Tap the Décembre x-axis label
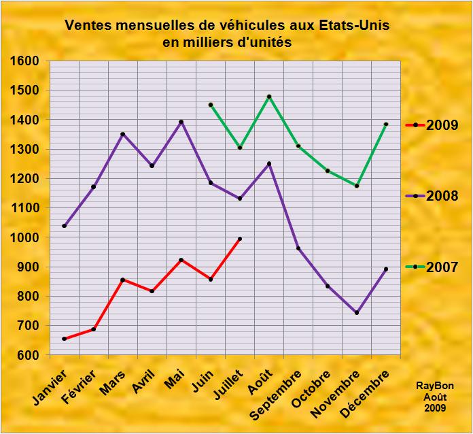pyautogui.click(x=367, y=390)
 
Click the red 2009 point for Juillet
pyautogui.click(x=240, y=239)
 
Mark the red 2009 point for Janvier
pyautogui.click(x=65, y=339)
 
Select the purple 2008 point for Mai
pyautogui.click(x=181, y=122)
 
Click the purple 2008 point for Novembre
pyautogui.click(x=357, y=313)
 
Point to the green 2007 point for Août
pyautogui.click(x=269, y=97)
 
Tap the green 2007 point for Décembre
pyautogui.click(x=386, y=124)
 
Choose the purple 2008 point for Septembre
pyautogui.click(x=298, y=248)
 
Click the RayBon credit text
pyautogui.click(x=435, y=386)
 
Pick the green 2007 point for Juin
pyautogui.click(x=211, y=105)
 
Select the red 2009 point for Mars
pyautogui.click(x=123, y=280)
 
